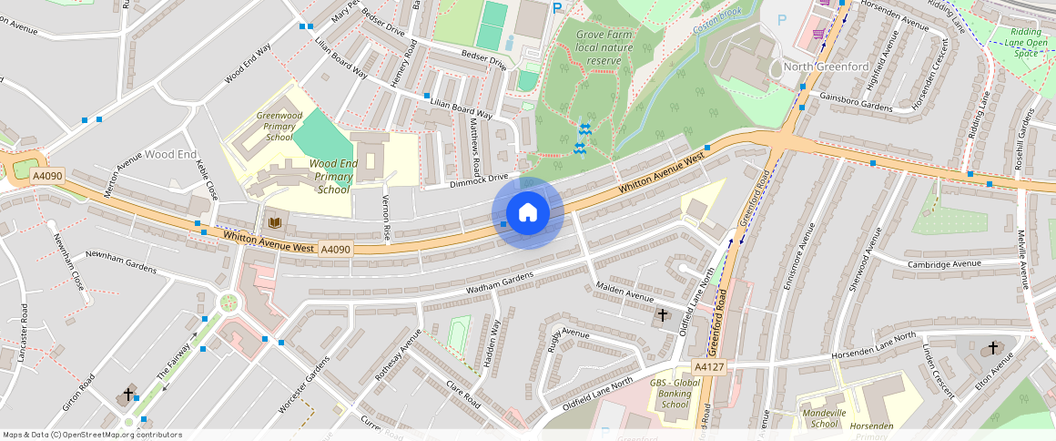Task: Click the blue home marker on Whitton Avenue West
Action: click(528, 212)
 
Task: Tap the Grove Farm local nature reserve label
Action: click(604, 47)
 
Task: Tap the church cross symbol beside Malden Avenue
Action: click(662, 315)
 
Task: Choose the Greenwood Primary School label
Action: click(279, 127)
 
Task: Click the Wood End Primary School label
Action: click(333, 176)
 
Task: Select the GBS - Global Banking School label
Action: click(675, 394)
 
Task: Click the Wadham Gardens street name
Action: click(499, 282)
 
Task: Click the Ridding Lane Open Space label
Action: click(1025, 42)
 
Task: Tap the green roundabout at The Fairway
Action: click(228, 303)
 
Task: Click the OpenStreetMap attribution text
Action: click(92, 435)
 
